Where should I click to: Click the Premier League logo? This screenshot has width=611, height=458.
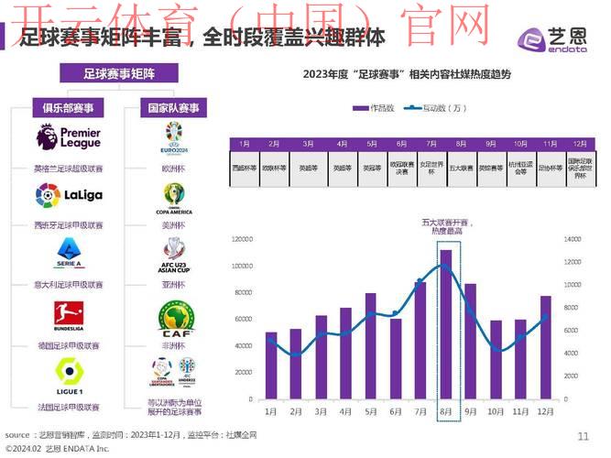68,138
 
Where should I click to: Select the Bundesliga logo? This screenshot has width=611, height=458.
68,317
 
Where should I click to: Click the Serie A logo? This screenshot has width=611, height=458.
68,254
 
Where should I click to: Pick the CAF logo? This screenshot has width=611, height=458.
173,318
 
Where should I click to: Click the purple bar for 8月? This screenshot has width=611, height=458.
446,324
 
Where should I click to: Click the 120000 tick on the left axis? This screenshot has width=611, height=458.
242,239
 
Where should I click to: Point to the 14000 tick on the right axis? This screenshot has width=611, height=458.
573,239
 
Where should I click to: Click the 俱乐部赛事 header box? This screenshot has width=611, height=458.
68,107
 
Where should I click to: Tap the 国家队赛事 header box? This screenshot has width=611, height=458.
173,107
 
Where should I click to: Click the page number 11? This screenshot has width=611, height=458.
584,435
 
